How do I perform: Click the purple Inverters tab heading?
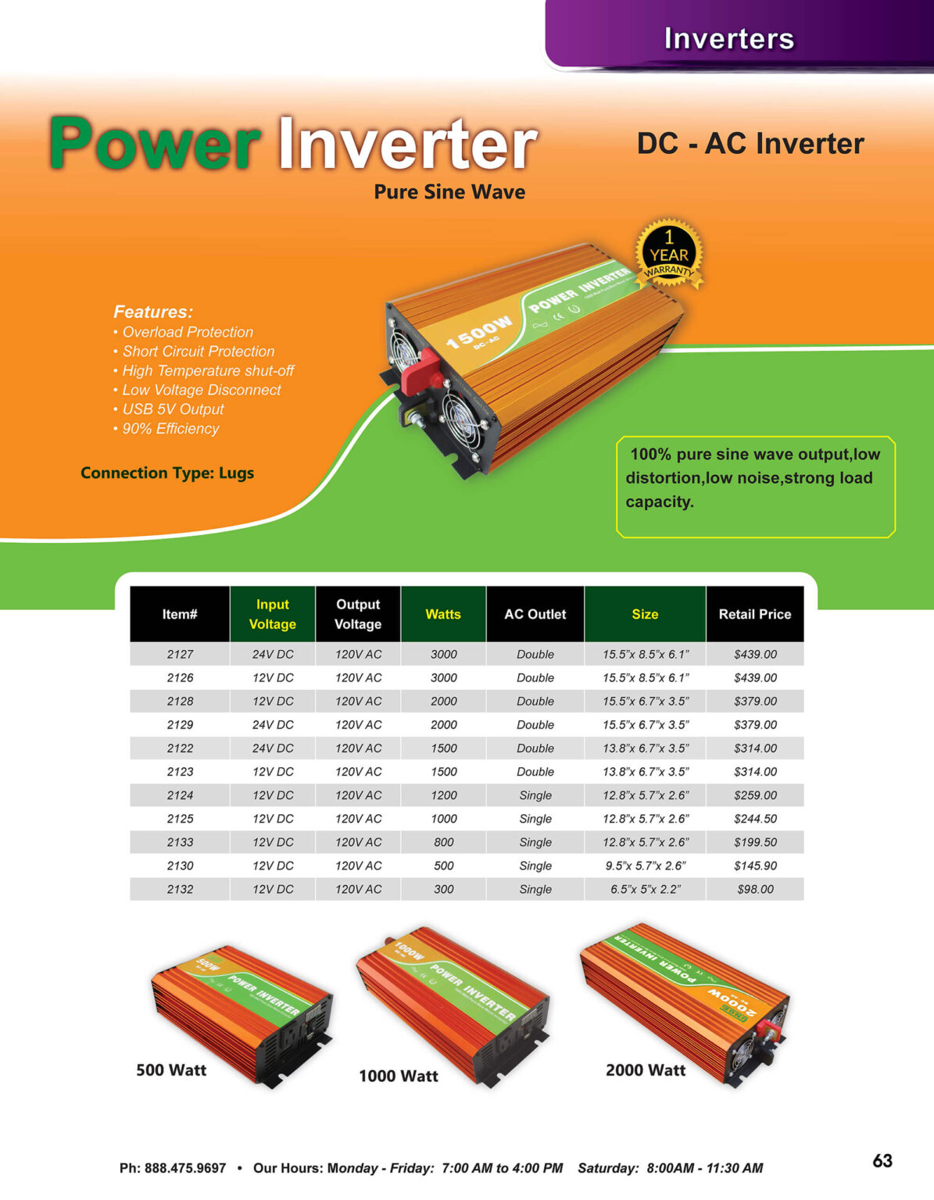(728, 38)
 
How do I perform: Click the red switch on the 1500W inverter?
(420, 373)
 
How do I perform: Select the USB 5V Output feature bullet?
(173, 409)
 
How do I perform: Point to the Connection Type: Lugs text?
(167, 473)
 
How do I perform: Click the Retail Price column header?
(754, 614)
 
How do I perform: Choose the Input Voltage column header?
(272, 614)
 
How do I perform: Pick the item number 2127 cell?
(180, 654)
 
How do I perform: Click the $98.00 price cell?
(755, 889)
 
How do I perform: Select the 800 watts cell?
(443, 842)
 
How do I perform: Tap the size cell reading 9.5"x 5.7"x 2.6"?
(645, 866)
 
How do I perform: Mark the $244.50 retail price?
(755, 819)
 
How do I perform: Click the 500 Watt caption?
(171, 1070)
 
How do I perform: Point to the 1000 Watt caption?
(399, 1076)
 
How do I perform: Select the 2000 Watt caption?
(646, 1070)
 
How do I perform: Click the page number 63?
(882, 1161)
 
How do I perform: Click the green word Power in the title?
(155, 145)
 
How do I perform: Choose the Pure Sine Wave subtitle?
(449, 192)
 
